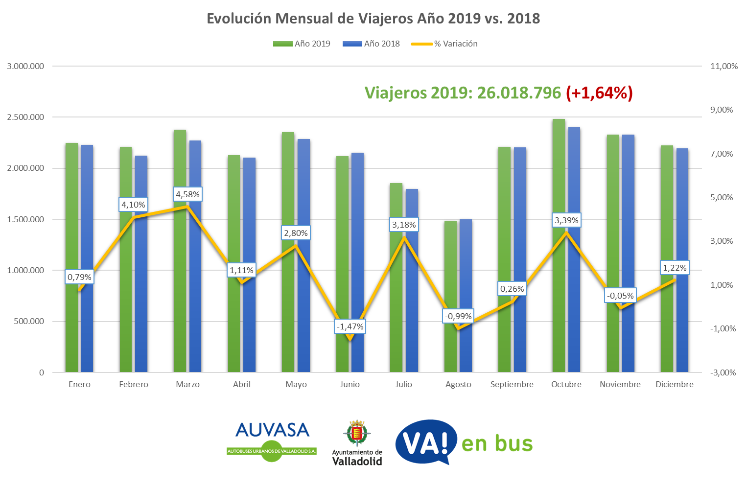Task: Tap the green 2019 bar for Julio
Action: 396,294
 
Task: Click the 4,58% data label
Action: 188,194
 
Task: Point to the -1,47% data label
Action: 350,326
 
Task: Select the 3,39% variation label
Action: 566,220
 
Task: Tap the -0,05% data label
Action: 620,296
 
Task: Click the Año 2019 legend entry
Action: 302,44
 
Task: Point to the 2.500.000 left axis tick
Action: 25,117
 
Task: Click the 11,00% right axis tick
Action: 724,67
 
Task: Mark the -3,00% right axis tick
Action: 723,373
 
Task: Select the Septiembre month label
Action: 512,385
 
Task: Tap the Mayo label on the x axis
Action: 296,385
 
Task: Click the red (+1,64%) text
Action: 599,93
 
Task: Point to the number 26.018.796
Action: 519,93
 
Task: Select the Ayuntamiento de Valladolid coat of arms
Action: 357,433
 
